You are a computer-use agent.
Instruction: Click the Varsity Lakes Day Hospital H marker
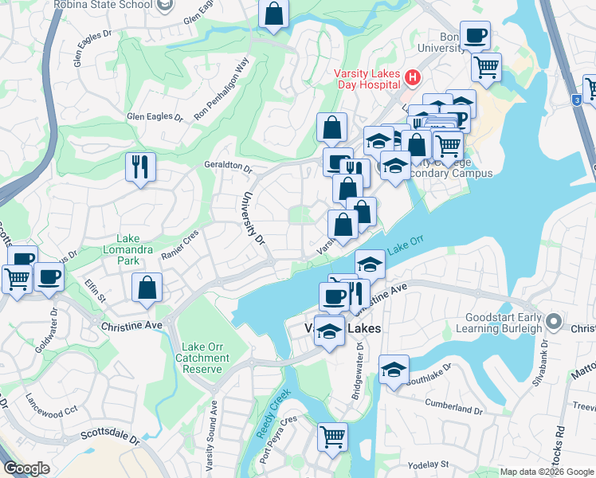[413, 77]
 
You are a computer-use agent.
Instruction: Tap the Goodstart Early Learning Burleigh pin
[555, 322]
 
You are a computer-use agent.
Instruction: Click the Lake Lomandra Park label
[128, 249]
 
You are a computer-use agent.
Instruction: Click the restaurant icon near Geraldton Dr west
[140, 167]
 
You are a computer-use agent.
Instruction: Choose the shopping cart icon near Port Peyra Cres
[333, 436]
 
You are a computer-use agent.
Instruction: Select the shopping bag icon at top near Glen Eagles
[273, 14]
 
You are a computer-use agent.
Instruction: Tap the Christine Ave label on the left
[131, 325]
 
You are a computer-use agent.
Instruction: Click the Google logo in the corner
[26, 468]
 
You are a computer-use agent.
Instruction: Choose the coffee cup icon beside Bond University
[475, 35]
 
